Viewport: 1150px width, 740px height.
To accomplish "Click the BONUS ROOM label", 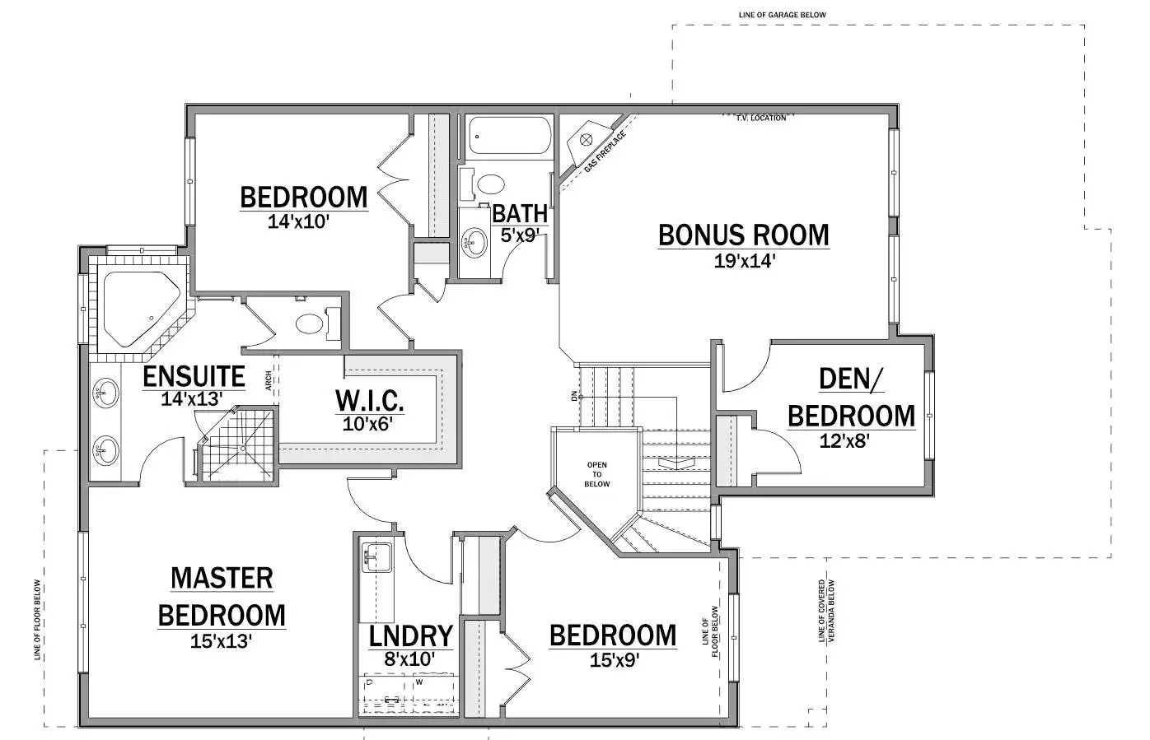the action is point(743,235).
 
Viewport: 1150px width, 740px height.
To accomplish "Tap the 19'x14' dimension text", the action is point(744,262).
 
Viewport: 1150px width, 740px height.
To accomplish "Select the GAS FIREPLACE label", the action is point(605,151).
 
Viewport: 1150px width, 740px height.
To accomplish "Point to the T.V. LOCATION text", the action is point(761,118).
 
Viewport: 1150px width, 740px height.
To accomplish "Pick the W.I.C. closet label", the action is point(369,401).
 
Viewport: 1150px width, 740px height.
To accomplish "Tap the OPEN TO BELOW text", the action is point(597,474).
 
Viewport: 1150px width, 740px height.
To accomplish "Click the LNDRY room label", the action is point(411,636).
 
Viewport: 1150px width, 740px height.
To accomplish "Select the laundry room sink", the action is point(376,557).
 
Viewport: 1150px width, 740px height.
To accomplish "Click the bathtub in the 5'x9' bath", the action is point(509,136).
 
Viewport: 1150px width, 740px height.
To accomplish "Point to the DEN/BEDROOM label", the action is point(851,398).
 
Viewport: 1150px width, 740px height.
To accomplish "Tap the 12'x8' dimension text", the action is point(844,441).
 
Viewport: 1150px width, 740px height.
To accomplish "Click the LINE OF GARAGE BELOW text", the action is point(783,15).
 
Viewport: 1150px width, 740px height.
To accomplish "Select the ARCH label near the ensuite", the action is point(269,381).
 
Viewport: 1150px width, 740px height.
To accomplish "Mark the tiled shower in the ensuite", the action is point(237,444).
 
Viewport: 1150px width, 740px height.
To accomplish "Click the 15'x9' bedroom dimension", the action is point(614,660).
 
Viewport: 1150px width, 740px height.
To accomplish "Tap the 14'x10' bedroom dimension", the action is point(297,221).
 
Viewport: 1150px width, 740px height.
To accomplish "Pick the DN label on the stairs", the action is point(573,396).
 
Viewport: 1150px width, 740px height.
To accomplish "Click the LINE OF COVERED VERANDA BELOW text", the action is point(826,611).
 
